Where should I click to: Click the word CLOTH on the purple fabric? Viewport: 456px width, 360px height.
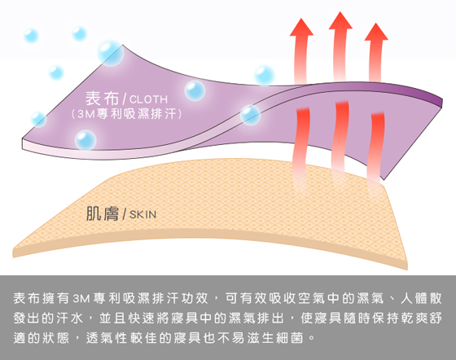point(148,99)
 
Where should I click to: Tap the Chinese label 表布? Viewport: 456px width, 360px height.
point(102,98)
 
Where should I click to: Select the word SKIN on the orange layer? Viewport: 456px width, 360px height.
point(142,214)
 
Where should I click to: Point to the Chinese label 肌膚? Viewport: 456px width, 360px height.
point(103,213)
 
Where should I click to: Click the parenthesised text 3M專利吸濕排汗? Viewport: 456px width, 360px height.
point(126,114)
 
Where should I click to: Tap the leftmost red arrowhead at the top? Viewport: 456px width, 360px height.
point(301,27)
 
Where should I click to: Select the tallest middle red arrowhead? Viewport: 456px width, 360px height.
point(340,20)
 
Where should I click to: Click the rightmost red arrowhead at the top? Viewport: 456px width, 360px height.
point(376,32)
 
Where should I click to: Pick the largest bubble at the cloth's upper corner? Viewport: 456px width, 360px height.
point(111,53)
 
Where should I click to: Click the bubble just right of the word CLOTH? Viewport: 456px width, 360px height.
point(195,90)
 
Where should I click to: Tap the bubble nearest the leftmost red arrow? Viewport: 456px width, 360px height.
point(265,75)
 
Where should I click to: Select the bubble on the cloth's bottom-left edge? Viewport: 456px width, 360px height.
point(85,140)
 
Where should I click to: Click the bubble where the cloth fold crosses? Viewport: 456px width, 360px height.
point(250,115)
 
